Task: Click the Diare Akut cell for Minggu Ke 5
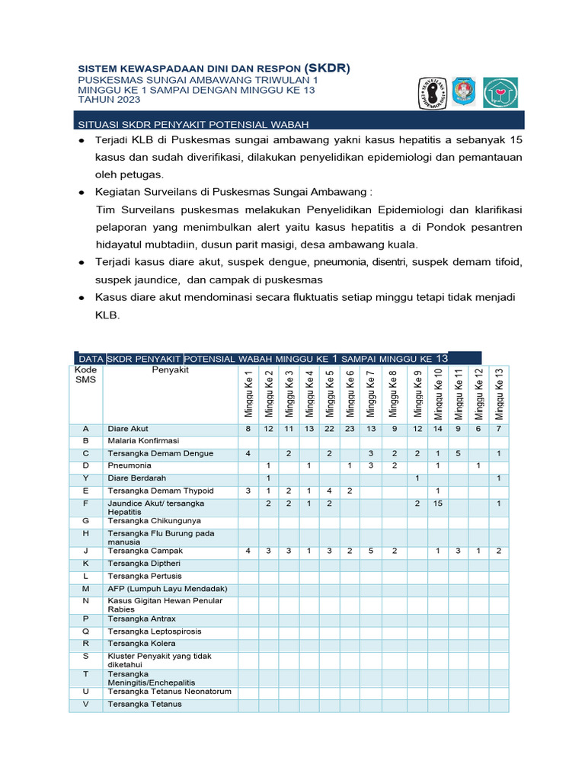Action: coord(330,430)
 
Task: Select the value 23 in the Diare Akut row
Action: coord(350,430)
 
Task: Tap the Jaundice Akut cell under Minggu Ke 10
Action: coord(438,503)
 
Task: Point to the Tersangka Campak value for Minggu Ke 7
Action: coord(370,551)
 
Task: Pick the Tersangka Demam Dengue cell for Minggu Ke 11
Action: coord(459,454)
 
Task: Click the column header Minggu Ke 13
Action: coord(499,393)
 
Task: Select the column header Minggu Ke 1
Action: coord(248,393)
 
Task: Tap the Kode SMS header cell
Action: coord(85,375)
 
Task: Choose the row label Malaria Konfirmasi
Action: coord(143,441)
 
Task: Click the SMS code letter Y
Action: coord(86,478)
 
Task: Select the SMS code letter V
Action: coord(86,705)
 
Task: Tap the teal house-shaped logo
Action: coord(500,92)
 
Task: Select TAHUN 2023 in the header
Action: coord(108,100)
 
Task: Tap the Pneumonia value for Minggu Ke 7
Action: coord(370,465)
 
